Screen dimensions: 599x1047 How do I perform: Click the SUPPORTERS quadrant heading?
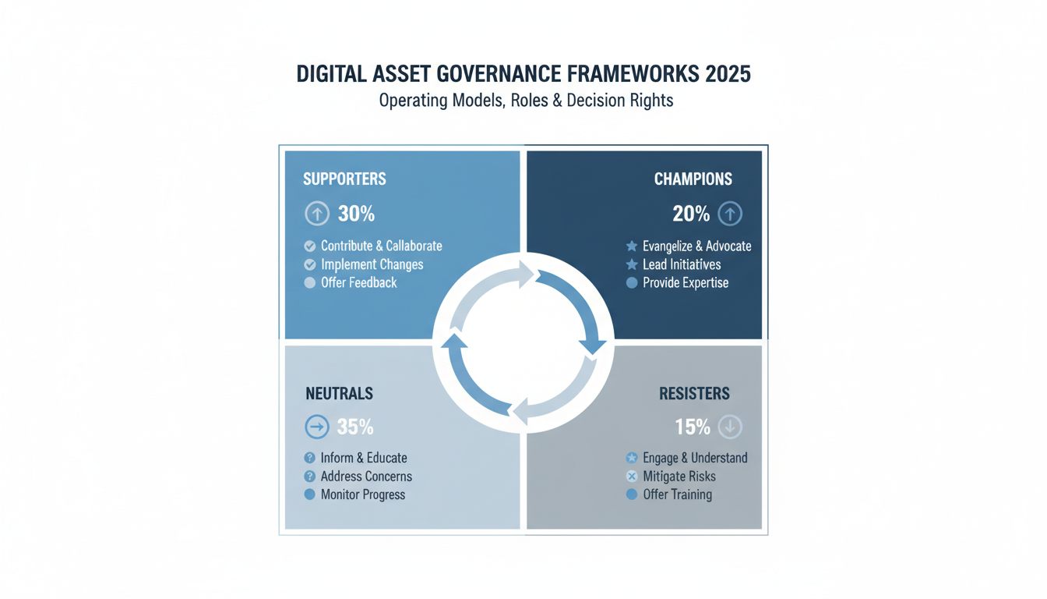pyautogui.click(x=344, y=179)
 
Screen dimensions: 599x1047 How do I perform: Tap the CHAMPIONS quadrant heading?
pyautogui.click(x=693, y=179)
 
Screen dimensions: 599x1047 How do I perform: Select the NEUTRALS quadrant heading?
pyautogui.click(x=339, y=394)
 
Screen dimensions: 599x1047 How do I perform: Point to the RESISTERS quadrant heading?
pyautogui.click(x=694, y=394)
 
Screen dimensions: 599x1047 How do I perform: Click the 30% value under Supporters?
pyautogui.click(x=356, y=214)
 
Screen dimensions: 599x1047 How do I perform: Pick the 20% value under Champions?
pyautogui.click(x=691, y=214)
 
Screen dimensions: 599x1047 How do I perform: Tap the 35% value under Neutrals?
pyautogui.click(x=355, y=427)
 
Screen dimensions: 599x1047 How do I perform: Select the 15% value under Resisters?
pyautogui.click(x=693, y=427)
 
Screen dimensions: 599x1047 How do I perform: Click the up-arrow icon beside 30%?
pyautogui.click(x=317, y=214)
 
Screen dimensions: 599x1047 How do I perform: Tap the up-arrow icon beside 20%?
pyautogui.click(x=730, y=214)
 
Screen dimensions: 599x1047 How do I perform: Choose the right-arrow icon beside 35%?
pyautogui.click(x=317, y=427)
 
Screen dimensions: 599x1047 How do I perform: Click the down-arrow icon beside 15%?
pyautogui.click(x=730, y=427)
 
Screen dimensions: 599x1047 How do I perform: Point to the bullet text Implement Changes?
pyautogui.click(x=372, y=264)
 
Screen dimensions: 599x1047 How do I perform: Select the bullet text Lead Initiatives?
pyautogui.click(x=682, y=264)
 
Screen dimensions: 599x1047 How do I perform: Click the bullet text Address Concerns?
pyautogui.click(x=366, y=477)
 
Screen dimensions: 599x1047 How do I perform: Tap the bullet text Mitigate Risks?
pyautogui.click(x=679, y=477)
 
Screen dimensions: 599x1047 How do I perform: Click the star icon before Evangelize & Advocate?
pyautogui.click(x=632, y=246)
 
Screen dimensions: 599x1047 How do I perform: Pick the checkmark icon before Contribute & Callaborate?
pyautogui.click(x=310, y=246)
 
